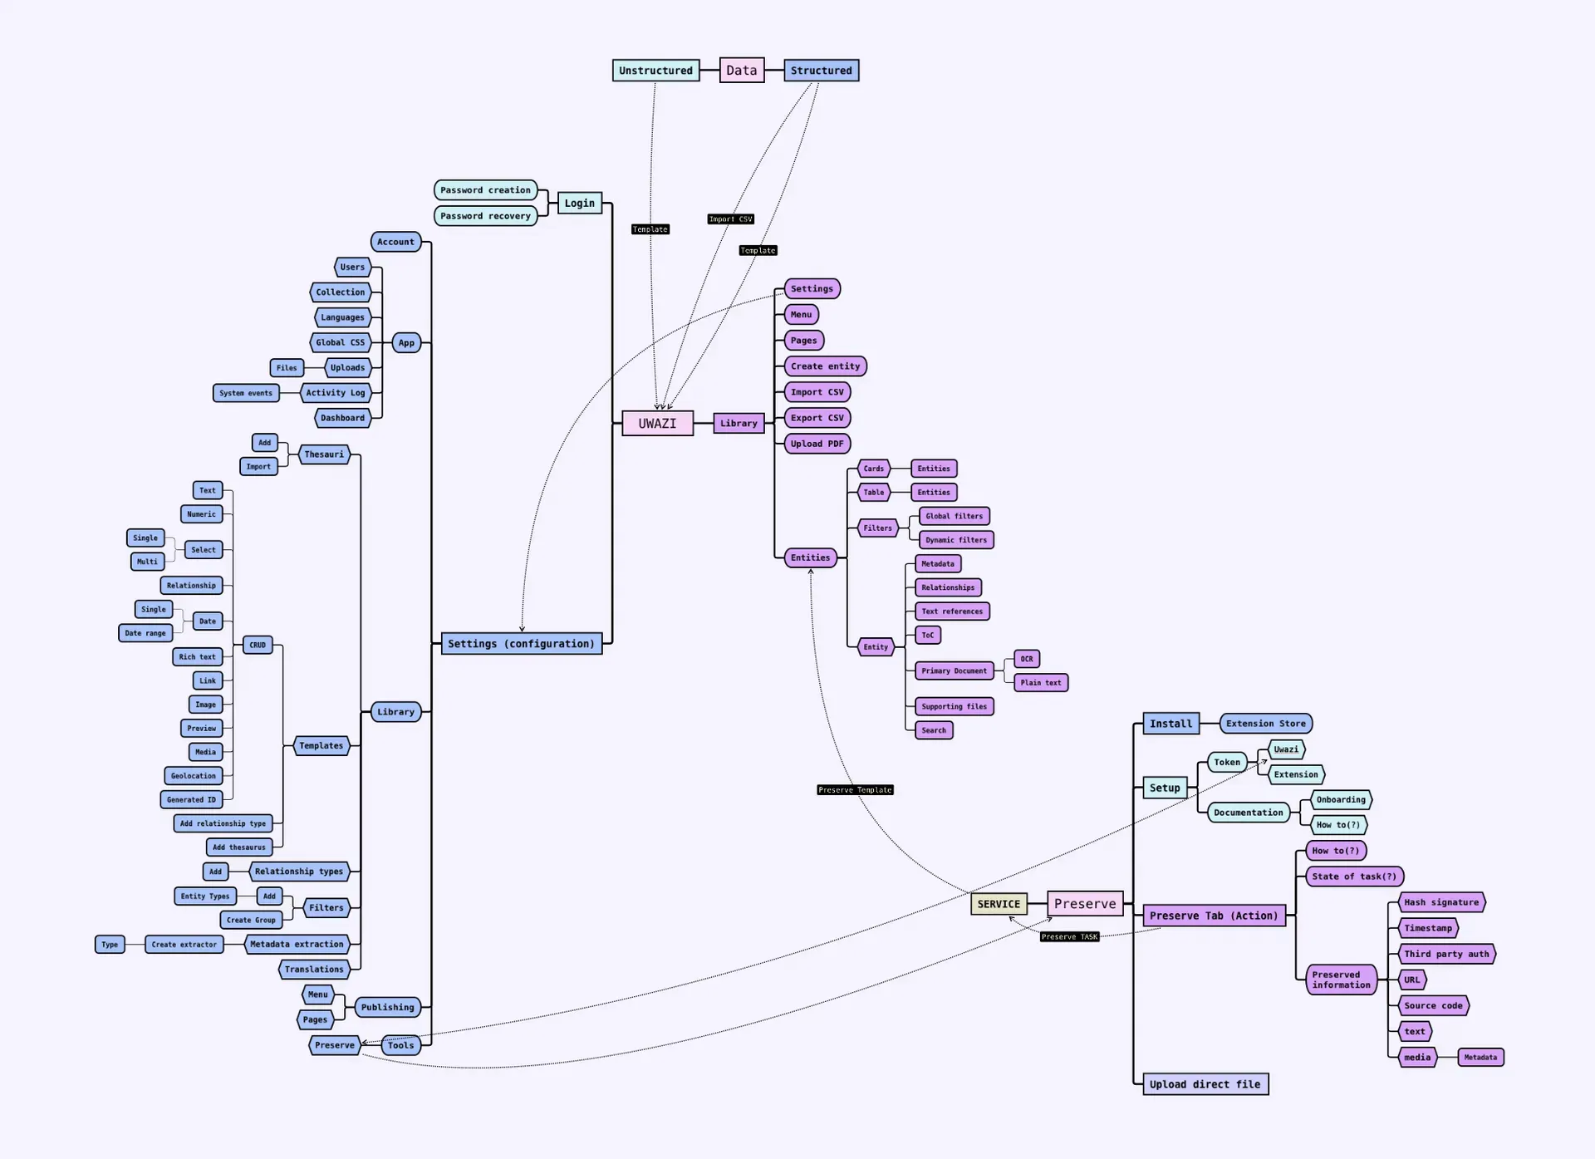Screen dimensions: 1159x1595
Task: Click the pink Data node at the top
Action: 741,71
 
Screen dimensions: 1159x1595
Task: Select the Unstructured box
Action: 655,71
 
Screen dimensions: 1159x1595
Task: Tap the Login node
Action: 579,203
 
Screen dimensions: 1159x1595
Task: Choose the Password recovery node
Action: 485,216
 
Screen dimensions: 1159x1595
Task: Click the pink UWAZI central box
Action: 657,423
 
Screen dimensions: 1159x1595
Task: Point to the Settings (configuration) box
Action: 521,644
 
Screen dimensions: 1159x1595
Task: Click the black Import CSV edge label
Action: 730,219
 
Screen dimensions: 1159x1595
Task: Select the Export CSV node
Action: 817,418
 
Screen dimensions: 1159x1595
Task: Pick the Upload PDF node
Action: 817,444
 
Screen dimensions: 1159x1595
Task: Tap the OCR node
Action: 1027,659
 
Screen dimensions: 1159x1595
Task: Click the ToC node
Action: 927,635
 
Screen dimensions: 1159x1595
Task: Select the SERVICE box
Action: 999,904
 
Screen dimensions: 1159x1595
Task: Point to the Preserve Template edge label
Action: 855,790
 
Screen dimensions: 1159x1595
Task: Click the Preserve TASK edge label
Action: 1069,937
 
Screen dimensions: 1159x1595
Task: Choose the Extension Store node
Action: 1265,724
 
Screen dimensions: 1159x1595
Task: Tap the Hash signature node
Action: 1441,902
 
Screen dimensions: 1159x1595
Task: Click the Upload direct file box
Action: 1205,1084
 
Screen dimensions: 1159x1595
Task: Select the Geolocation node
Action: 193,776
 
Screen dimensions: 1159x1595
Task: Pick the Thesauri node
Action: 324,454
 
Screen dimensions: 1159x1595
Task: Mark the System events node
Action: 246,393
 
